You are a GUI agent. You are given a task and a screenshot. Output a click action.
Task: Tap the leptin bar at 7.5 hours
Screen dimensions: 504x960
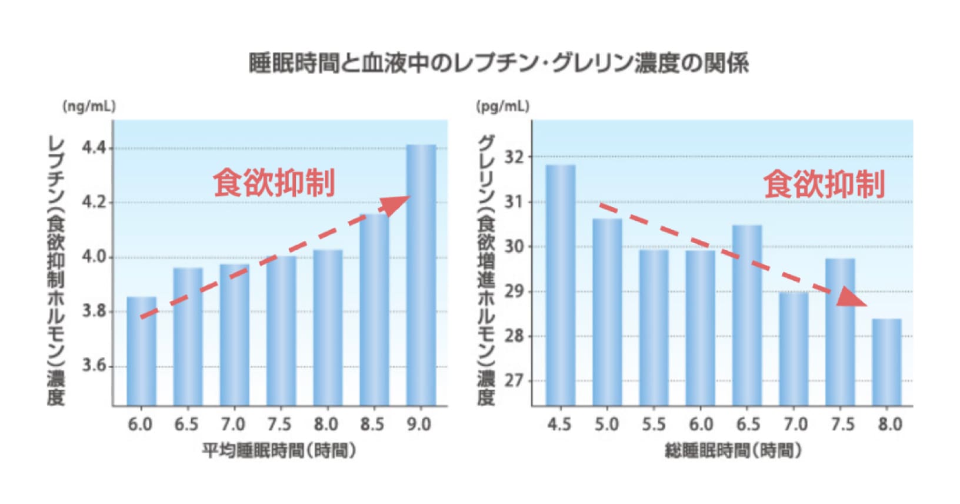pyautogui.click(x=281, y=330)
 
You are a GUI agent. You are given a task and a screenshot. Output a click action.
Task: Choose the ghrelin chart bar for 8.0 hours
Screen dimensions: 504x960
pyautogui.click(x=887, y=362)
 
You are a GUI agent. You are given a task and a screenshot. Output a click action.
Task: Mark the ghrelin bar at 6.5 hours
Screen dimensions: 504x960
pyautogui.click(x=747, y=315)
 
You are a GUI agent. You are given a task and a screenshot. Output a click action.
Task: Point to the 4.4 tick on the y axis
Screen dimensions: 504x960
pyautogui.click(x=94, y=148)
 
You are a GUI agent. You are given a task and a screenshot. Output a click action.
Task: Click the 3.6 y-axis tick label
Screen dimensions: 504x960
pyautogui.click(x=94, y=366)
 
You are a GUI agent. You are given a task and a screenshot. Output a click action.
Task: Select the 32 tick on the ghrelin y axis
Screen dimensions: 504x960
pyautogui.click(x=514, y=157)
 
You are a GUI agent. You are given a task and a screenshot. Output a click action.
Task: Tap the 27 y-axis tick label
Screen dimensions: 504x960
pyautogui.click(x=514, y=381)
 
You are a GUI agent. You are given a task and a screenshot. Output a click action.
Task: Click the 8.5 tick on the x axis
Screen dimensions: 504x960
pyautogui.click(x=372, y=424)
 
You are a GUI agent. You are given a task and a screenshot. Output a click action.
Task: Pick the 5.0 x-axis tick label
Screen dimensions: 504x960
pyautogui.click(x=606, y=424)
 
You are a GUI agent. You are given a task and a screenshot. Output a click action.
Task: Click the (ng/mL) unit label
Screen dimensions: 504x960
pyautogui.click(x=89, y=107)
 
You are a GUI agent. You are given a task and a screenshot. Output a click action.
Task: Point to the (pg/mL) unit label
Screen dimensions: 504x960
pyautogui.click(x=502, y=107)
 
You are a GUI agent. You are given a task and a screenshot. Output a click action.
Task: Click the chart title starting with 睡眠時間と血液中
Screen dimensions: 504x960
pyautogui.click(x=499, y=63)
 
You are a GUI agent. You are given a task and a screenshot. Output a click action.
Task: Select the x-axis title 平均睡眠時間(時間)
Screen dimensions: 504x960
pyautogui.click(x=279, y=451)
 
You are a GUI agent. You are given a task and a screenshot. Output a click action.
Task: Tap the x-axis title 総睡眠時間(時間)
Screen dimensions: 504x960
pyautogui.click(x=733, y=451)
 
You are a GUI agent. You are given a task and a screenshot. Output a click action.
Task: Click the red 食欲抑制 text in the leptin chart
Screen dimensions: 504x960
pyautogui.click(x=274, y=183)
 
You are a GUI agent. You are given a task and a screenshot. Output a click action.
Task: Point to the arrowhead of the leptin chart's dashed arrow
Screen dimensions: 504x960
pyautogui.click(x=395, y=205)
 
